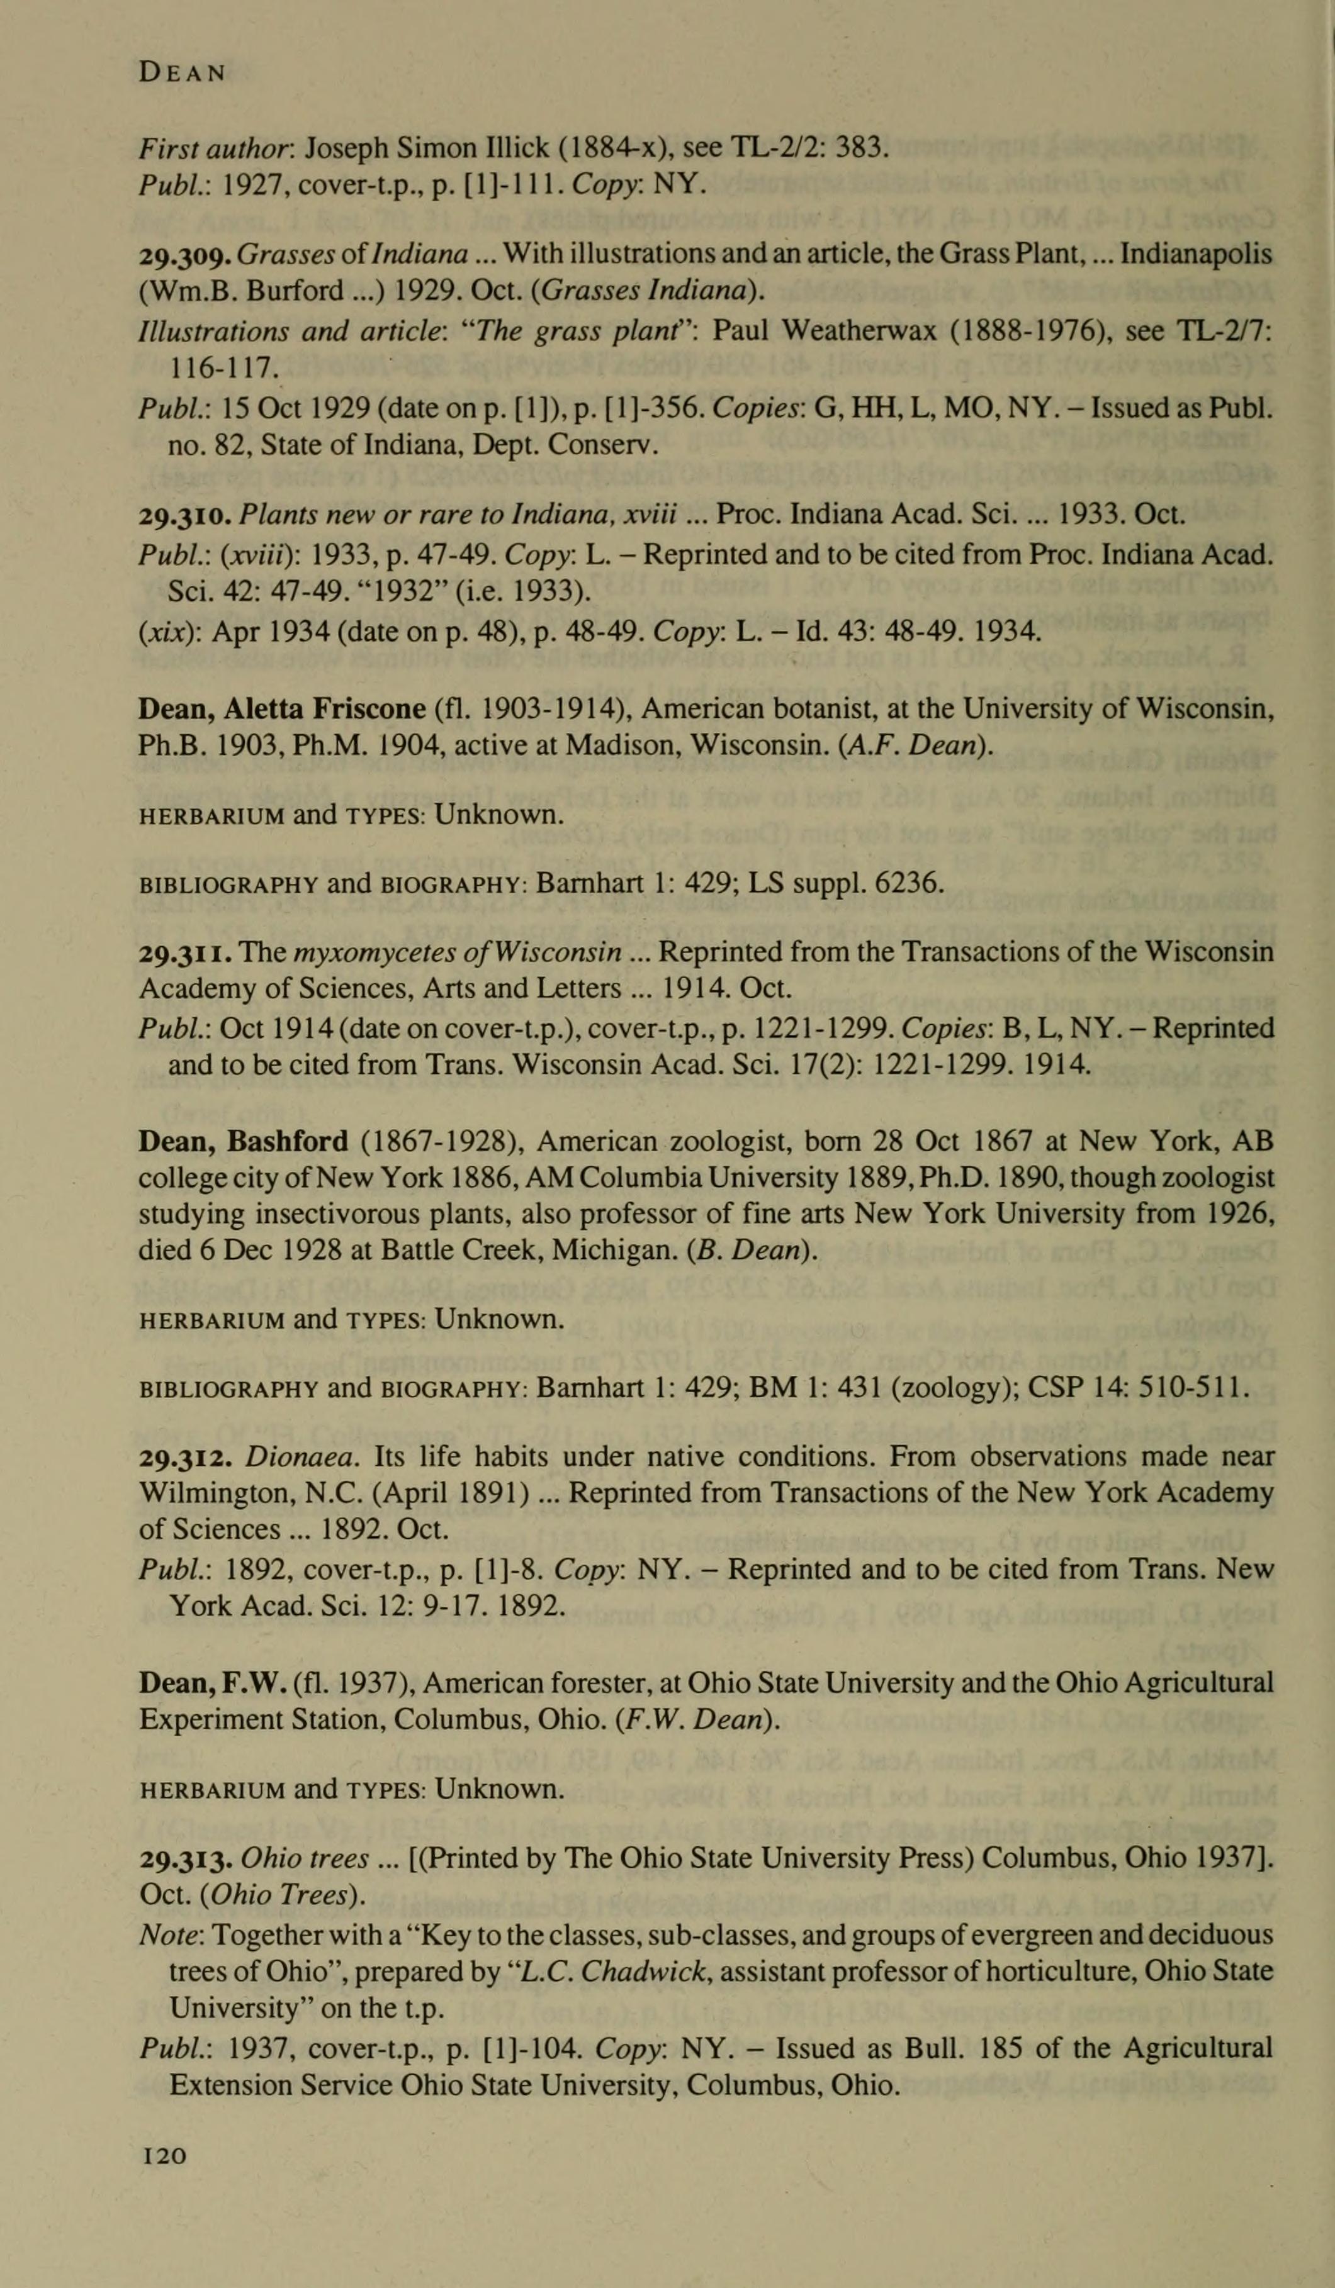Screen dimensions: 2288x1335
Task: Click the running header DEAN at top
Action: (x=182, y=72)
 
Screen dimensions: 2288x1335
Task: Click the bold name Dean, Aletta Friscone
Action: (x=281, y=708)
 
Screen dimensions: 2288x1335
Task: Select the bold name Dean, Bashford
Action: (x=242, y=1141)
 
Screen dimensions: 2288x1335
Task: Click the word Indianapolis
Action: (x=1196, y=255)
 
